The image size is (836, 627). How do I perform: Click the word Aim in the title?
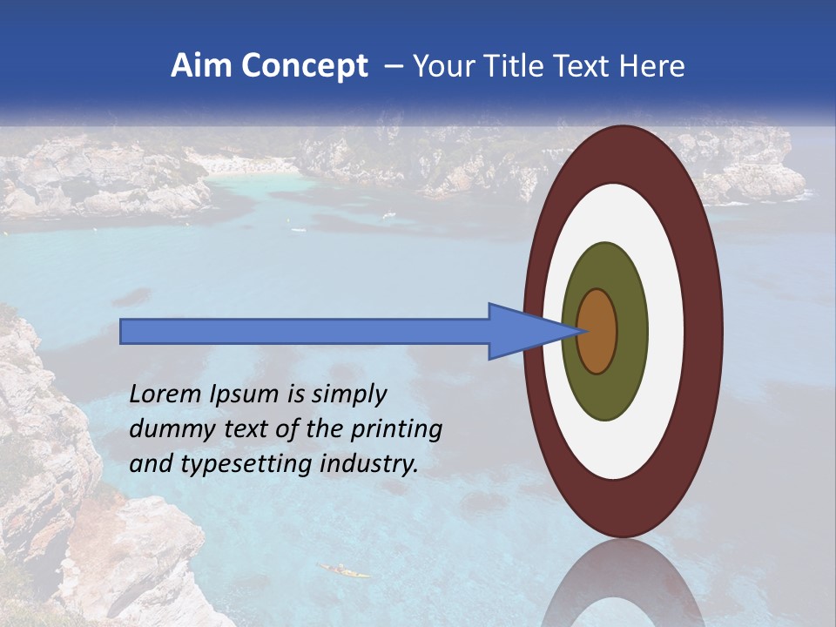(201, 66)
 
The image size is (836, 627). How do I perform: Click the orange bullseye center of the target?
(597, 331)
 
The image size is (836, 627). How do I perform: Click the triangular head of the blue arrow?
(522, 331)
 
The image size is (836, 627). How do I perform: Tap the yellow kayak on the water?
(344, 571)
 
